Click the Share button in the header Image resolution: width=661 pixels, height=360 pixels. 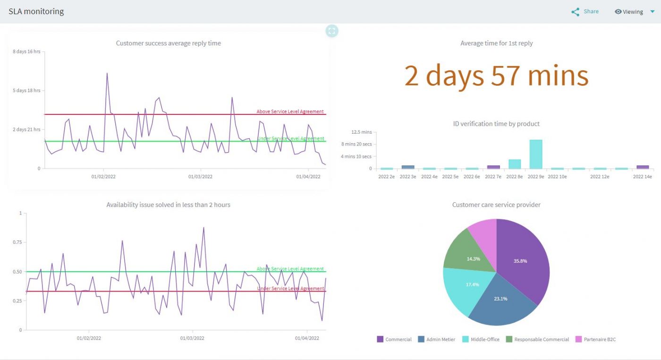pyautogui.click(x=585, y=12)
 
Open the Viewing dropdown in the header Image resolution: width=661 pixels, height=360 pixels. pyautogui.click(x=634, y=12)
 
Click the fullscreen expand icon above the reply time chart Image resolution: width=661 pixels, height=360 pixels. pyautogui.click(x=332, y=31)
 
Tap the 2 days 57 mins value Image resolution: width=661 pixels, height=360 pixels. pyautogui.click(x=496, y=76)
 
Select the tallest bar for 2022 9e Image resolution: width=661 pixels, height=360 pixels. pyautogui.click(x=536, y=154)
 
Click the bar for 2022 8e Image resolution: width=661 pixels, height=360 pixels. pyautogui.click(x=515, y=164)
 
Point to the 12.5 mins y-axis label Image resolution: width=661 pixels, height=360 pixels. pyautogui.click(x=362, y=132)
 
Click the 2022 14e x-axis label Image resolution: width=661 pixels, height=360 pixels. pyautogui.click(x=642, y=177)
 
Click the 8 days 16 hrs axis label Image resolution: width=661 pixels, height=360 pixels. pyautogui.click(x=26, y=51)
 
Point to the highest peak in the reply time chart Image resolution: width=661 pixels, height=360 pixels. pyautogui.click(x=107, y=74)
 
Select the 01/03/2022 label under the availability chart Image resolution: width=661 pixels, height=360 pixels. pyautogui.click(x=192, y=338)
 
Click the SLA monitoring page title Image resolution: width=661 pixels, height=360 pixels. pyautogui.click(x=36, y=12)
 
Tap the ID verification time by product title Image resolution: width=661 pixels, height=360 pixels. pyautogui.click(x=496, y=124)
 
